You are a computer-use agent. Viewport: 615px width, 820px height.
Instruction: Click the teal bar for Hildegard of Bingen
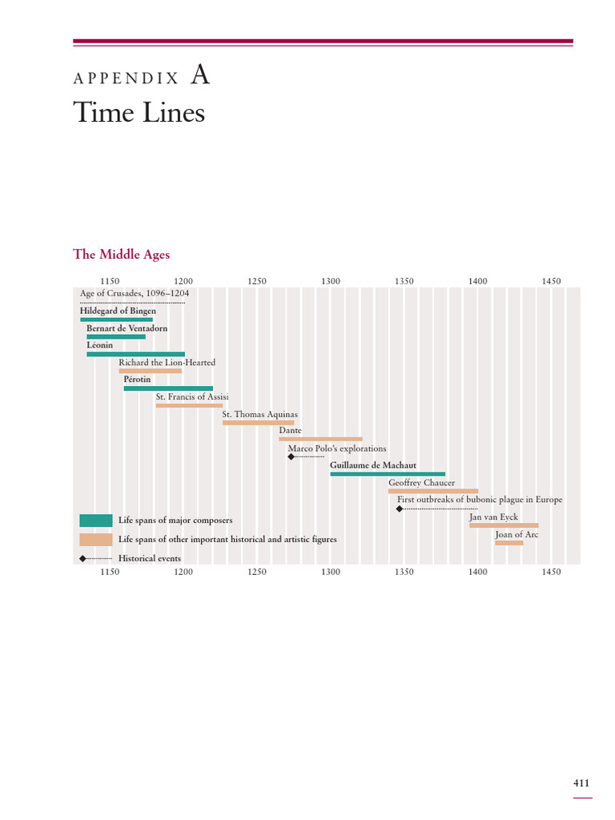click(117, 320)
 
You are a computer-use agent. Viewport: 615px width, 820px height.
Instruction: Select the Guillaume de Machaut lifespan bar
click(388, 474)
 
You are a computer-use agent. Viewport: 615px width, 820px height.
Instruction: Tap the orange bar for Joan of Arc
click(509, 543)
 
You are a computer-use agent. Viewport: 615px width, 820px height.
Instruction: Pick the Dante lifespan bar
click(320, 439)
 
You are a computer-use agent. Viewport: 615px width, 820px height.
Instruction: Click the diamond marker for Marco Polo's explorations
click(291, 456)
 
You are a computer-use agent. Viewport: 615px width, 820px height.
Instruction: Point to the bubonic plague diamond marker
click(400, 508)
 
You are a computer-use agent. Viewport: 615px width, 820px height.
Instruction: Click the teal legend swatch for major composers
click(96, 521)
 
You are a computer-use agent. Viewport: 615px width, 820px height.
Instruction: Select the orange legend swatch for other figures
click(96, 539)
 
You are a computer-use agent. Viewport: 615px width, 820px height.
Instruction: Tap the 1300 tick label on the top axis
click(331, 281)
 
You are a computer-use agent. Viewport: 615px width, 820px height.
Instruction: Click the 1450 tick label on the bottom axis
click(551, 572)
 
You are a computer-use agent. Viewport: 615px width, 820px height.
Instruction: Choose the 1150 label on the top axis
click(110, 281)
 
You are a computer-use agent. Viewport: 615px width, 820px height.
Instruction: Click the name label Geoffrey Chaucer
click(421, 483)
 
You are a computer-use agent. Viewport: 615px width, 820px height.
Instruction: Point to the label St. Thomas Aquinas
click(260, 414)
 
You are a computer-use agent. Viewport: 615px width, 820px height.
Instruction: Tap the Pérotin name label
click(137, 379)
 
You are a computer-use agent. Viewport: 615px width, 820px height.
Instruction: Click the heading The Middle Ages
click(122, 254)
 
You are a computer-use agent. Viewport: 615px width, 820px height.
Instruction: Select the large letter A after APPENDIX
click(200, 74)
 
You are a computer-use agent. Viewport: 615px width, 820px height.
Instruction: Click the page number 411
click(581, 783)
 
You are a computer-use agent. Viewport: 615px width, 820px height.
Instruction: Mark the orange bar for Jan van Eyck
click(504, 525)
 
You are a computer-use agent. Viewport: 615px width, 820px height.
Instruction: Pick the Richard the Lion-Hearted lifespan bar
click(150, 371)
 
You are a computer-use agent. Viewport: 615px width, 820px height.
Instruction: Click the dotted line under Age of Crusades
click(132, 302)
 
